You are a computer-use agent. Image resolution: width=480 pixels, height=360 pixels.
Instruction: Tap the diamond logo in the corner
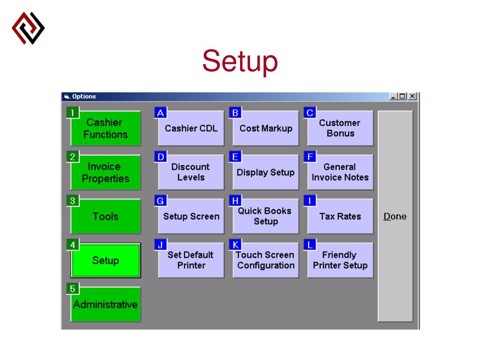coord(28,28)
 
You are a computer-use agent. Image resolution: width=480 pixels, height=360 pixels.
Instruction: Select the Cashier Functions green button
coord(105,128)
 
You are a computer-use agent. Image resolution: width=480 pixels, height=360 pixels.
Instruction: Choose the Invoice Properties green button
coord(105,172)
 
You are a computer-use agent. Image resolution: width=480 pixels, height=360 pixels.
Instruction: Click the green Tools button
coord(105,217)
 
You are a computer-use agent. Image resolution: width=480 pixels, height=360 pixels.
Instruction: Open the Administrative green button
coord(105,305)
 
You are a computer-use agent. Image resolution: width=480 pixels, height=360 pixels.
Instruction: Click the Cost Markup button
coord(266,128)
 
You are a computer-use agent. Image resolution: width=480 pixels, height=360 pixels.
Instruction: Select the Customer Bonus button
coord(340,128)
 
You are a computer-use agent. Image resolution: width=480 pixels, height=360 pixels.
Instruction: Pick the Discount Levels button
coord(191,172)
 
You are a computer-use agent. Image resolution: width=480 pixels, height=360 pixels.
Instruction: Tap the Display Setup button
coord(266,172)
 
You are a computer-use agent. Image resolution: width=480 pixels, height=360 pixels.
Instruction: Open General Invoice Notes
coord(340,172)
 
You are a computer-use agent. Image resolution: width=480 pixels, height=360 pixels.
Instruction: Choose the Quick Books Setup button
coord(266,217)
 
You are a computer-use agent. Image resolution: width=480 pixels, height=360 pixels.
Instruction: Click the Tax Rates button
coord(340,217)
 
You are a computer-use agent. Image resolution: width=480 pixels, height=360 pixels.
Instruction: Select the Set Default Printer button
coord(191,261)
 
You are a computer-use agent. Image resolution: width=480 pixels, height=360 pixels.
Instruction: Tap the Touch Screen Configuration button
coord(266,261)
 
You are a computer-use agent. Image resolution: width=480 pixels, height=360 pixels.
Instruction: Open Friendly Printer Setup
coord(340,261)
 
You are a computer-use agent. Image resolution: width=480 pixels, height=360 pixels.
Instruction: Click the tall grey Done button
coord(395,217)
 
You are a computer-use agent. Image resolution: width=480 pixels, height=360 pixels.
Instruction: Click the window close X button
coord(412,97)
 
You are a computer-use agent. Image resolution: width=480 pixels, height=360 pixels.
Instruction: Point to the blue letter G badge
coord(160,201)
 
